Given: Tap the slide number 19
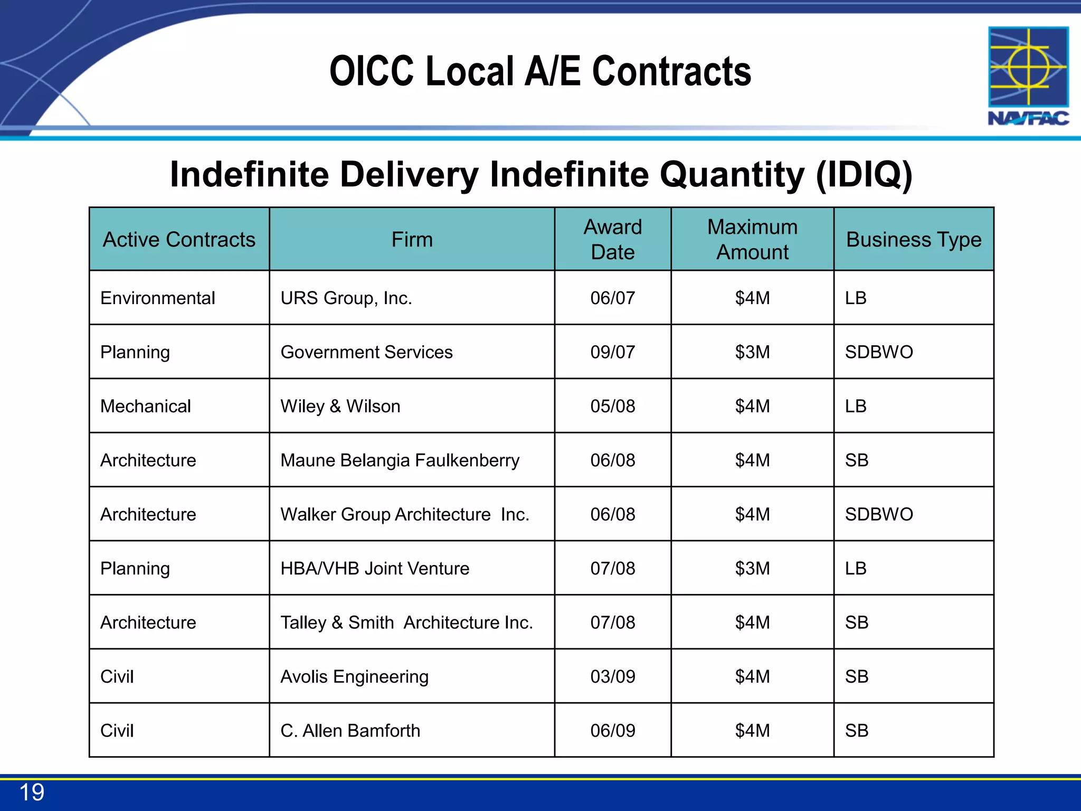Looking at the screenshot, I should coord(32,793).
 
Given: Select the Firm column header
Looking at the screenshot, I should coord(412,240).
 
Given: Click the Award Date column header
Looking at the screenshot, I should coord(612,240).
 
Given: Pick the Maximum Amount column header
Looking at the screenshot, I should coord(752,240).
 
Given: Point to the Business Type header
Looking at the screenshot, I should coord(914,240).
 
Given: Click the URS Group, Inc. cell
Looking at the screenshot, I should coord(346,298).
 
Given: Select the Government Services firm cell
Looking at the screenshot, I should coord(366,352).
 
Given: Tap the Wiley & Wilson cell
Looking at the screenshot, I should coord(340,407).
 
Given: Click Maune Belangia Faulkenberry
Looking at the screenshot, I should coord(400,460).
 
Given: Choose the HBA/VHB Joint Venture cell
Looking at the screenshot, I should coord(375,569).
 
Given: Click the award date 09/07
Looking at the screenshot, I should coord(612,352).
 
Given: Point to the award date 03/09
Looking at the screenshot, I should coord(612,677).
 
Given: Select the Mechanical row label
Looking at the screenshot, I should coord(146,407).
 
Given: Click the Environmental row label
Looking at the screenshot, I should coord(157,298).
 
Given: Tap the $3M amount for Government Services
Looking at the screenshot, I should coord(752,352).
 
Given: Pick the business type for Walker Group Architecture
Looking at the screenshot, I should coord(879,514).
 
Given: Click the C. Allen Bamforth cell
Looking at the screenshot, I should coord(350,731).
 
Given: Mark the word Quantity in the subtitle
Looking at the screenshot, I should coord(733,174).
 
